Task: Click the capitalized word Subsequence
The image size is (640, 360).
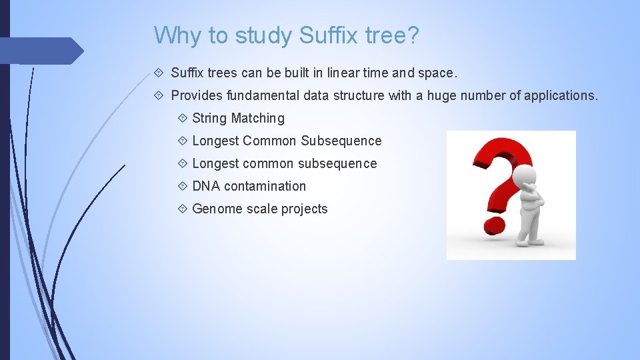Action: click(x=341, y=141)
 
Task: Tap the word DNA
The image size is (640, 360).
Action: click(x=206, y=186)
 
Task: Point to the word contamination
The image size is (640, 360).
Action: click(x=265, y=186)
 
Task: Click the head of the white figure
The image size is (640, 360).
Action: click(x=527, y=175)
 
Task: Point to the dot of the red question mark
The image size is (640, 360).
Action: click(x=494, y=225)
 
